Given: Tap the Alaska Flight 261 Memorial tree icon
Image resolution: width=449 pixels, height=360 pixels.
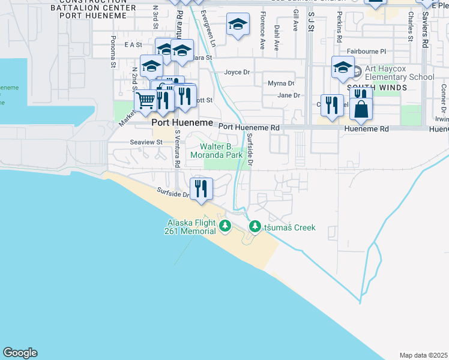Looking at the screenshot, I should point(225,226).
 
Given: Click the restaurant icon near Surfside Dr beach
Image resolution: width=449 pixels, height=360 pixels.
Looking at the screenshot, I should point(200,188).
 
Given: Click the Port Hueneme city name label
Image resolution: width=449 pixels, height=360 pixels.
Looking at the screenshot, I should point(182,122).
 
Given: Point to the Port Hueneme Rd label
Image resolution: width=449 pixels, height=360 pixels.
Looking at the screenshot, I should point(249,127).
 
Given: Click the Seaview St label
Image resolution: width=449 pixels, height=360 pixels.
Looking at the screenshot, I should point(146,142).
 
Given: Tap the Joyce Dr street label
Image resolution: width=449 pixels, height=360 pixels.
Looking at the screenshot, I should point(237,73).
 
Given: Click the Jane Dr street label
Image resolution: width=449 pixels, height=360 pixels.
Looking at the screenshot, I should point(288,95).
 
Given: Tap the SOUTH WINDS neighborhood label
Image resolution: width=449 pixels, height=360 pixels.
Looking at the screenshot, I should point(385,88).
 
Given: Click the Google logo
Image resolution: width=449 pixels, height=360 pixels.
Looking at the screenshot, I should point(20,353).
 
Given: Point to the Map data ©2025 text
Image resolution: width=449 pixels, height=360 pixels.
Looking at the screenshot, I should point(423,355).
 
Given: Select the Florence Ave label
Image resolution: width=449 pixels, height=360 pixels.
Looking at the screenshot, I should point(262,36).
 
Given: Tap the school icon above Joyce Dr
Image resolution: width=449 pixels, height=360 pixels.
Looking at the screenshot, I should point(237,25).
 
